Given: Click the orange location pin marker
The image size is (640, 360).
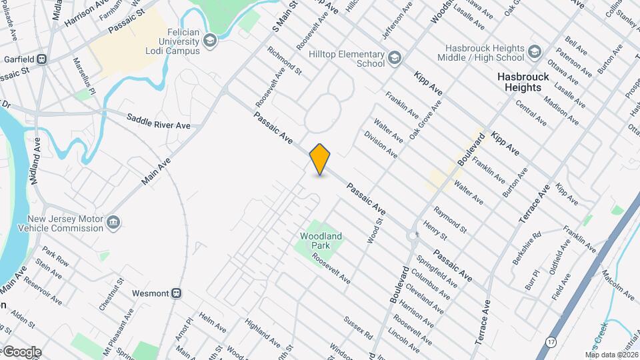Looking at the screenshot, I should click(320, 159).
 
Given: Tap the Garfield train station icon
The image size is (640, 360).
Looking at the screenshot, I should click(42, 59).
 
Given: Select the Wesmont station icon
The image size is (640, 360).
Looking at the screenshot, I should click(177, 292).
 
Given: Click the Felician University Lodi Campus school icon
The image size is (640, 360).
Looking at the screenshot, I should click(211, 41).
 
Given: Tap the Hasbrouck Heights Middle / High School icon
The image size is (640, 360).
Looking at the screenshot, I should click(534, 52).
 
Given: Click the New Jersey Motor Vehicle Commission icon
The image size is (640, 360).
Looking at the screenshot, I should click(113, 221).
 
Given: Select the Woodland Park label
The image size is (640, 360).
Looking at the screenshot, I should click(321, 241).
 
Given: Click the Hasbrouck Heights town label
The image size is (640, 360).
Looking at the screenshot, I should click(523, 82).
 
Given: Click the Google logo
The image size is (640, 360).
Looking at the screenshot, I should click(22, 351).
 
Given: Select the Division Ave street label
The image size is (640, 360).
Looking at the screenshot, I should click(381, 144).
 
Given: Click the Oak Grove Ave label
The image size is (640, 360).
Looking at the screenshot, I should click(425, 119).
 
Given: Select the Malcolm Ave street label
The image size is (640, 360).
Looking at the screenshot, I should click(618, 283).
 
